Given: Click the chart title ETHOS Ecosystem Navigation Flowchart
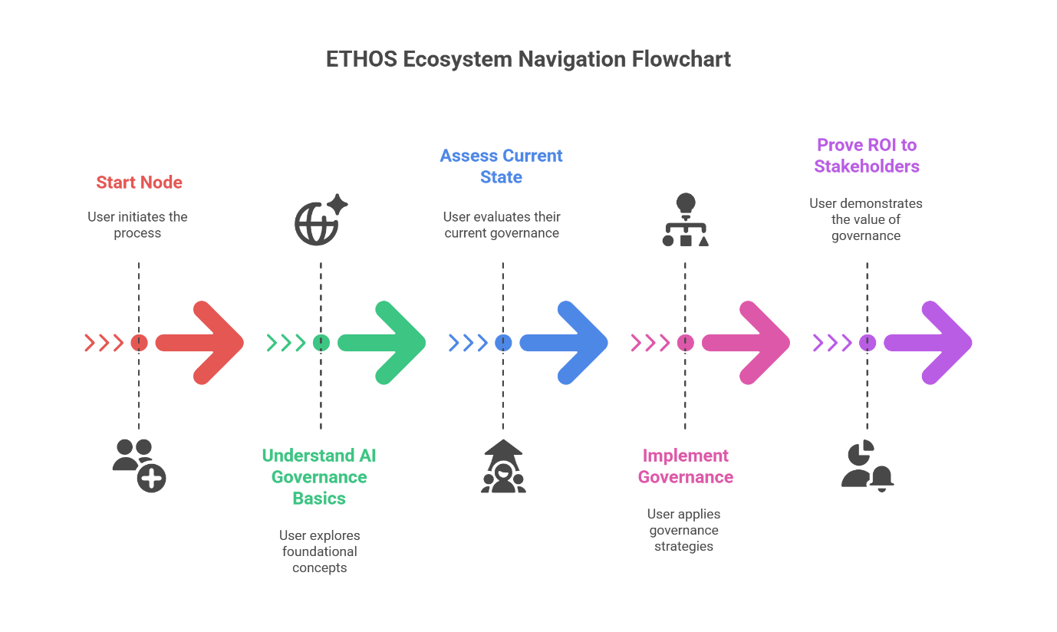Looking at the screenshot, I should (528, 60).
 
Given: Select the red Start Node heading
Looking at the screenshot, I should (139, 183).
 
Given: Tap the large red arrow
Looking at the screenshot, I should (201, 342).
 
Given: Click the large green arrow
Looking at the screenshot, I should (383, 342).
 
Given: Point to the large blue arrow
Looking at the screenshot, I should (565, 342).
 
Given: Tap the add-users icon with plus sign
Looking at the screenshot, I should (139, 465).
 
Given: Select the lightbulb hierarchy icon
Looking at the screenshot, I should (685, 220).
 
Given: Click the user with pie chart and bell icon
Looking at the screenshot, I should (868, 465).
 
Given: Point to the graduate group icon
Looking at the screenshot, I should (503, 466).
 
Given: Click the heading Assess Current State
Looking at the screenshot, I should (502, 166).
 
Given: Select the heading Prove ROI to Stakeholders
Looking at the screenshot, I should (867, 156).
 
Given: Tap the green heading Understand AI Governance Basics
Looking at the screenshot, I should (319, 476).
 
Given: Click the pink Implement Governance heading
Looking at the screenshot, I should (685, 466).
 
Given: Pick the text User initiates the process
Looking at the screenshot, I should (138, 225).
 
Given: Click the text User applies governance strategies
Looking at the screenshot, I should (683, 530).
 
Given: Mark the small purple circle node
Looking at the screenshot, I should (868, 342).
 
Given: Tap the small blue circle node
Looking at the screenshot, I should (503, 342).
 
